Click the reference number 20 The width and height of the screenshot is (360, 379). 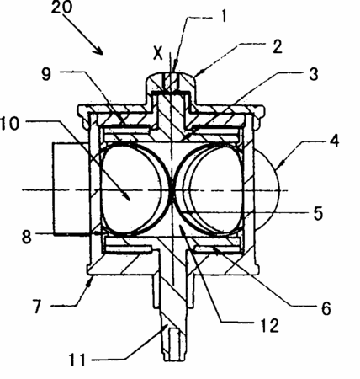[x=61, y=7]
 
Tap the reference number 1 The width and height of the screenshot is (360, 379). [x=224, y=16]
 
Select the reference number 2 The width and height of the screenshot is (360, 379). [x=277, y=46]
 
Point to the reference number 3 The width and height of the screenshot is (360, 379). [x=313, y=74]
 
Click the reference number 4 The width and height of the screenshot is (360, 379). [x=334, y=141]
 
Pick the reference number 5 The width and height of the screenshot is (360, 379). [x=318, y=214]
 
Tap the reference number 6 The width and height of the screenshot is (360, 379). [x=326, y=309]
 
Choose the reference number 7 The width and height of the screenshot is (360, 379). [x=36, y=306]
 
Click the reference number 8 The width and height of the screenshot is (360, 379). [x=27, y=237]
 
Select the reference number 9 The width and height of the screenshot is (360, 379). [x=46, y=74]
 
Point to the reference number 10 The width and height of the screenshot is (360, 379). [x=10, y=124]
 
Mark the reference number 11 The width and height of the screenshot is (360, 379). [x=77, y=360]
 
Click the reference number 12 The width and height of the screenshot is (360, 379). [x=268, y=325]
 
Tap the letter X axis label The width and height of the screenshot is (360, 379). [x=158, y=53]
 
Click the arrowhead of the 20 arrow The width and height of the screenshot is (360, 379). [x=99, y=51]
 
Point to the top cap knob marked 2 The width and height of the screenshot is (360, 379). [x=171, y=82]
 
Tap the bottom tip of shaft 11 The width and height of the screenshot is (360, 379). [x=174, y=360]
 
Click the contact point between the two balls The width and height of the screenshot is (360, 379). [x=171, y=189]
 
